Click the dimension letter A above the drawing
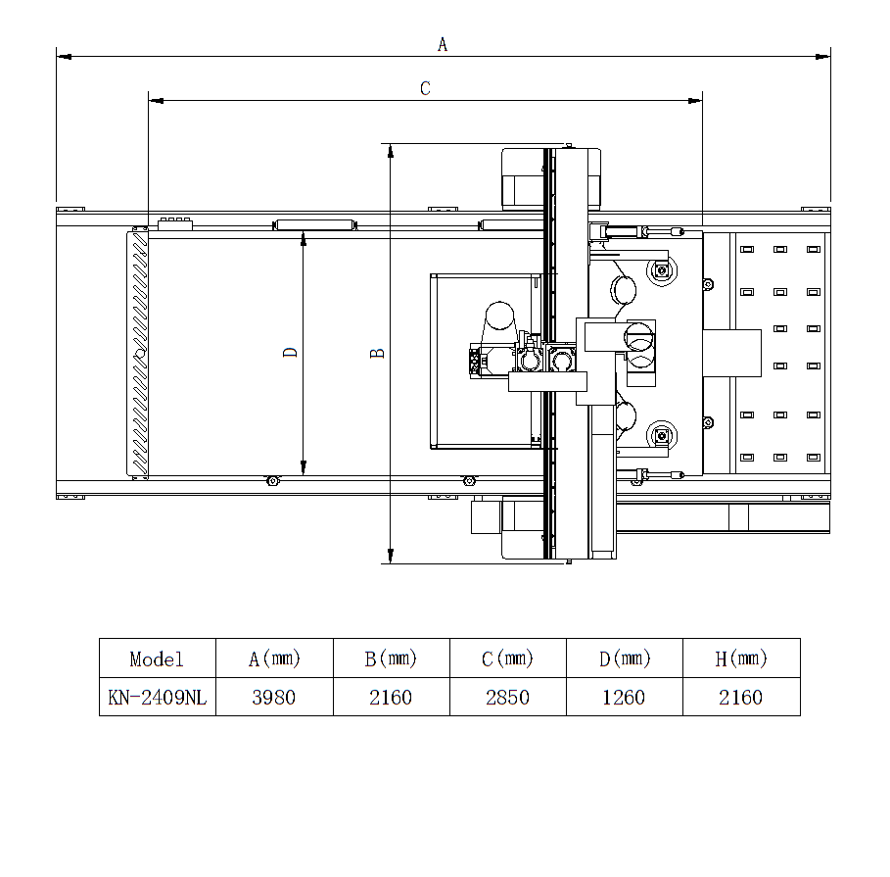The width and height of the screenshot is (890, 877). click(443, 44)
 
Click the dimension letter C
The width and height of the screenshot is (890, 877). click(425, 88)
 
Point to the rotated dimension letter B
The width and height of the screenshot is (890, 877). click(377, 354)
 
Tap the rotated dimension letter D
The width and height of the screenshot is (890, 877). click(290, 352)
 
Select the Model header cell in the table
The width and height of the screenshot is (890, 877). click(157, 659)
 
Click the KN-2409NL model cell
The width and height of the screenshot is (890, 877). click(158, 698)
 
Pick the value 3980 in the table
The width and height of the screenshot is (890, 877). click(273, 698)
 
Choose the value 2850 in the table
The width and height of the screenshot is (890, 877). click(507, 698)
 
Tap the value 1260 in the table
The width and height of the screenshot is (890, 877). click(624, 698)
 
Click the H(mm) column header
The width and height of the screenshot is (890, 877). click(741, 658)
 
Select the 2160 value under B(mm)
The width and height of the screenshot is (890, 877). click(391, 698)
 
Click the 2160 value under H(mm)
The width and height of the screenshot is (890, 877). click(741, 698)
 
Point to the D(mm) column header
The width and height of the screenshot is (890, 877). click(625, 658)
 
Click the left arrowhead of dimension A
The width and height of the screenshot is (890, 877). click(64, 57)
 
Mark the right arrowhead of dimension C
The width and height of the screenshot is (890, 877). click(695, 101)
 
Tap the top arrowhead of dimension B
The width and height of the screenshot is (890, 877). click(391, 151)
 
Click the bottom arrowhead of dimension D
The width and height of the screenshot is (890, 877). click(304, 467)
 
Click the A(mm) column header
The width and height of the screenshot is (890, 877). click(274, 658)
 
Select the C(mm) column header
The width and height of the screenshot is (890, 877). click(507, 658)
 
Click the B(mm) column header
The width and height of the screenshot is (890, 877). click(391, 658)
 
